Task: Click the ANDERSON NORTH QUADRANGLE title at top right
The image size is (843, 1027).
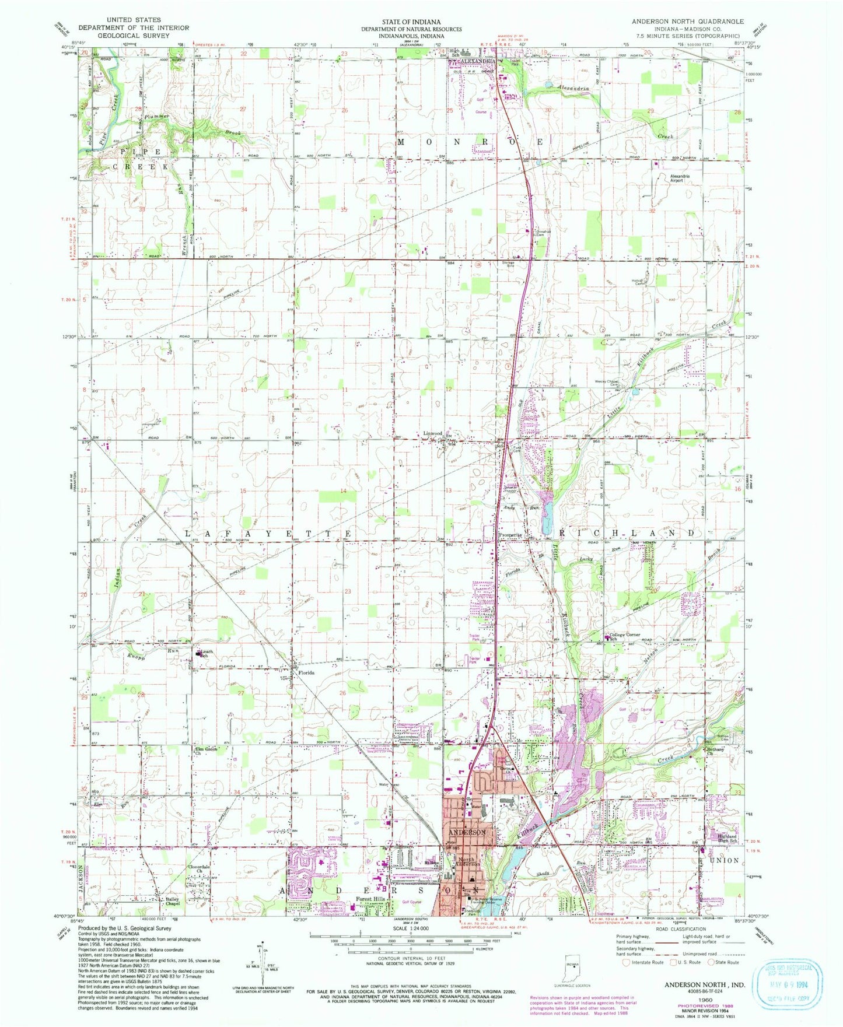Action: click(688, 21)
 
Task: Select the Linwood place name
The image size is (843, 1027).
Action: click(433, 434)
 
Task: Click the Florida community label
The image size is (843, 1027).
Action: click(306, 672)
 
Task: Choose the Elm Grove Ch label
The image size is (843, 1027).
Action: click(207, 751)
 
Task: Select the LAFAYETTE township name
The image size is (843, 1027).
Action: click(269, 534)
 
